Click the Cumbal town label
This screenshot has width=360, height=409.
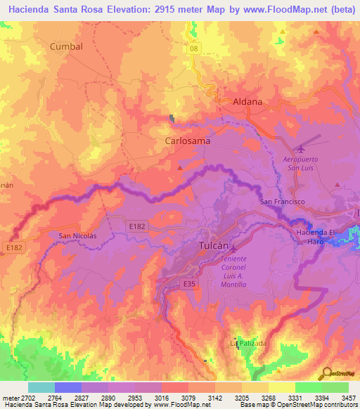[66, 46]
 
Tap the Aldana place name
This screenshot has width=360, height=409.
[247, 101]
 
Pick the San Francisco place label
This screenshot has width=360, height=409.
[283, 202]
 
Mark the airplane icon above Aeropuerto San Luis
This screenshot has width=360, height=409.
[302, 148]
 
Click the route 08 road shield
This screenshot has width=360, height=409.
[194, 48]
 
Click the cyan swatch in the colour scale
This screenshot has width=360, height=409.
[41, 387]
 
